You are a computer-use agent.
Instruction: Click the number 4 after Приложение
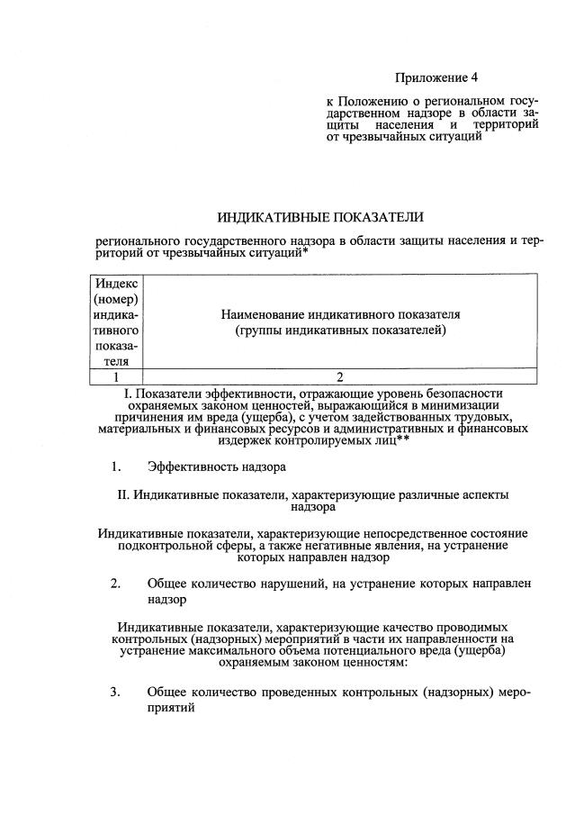pyautogui.click(x=499, y=78)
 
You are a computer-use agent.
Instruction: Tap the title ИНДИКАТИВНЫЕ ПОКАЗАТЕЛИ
pyautogui.click(x=319, y=218)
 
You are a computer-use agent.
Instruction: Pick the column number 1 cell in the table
pyautogui.click(x=115, y=377)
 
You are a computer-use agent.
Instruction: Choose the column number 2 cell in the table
pyautogui.click(x=340, y=377)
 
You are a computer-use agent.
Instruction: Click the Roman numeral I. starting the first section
pyautogui.click(x=125, y=394)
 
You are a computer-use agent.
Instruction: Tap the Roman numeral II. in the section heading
pyautogui.click(x=125, y=495)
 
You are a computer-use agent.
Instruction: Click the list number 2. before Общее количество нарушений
pyautogui.click(x=115, y=584)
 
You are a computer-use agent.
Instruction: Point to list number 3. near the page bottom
pyautogui.click(x=115, y=692)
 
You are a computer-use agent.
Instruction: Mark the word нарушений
pyautogui.click(x=327, y=584)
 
